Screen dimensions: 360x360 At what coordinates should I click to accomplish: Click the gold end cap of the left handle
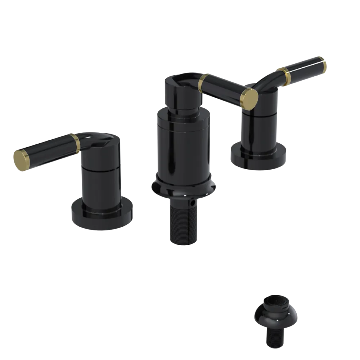point(21,160)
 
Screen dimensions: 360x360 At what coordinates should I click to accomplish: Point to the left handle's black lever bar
point(47,150)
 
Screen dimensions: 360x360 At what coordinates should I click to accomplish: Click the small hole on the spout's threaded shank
point(194,204)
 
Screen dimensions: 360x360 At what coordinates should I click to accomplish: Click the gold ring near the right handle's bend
point(285,76)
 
